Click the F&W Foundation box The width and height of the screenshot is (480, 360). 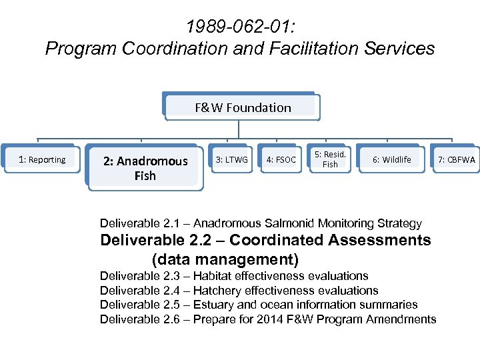[243, 107]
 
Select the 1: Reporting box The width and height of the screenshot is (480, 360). [42, 160]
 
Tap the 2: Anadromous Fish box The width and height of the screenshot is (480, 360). [145, 169]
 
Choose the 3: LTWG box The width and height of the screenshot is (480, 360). [231, 160]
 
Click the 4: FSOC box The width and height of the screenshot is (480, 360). [281, 160]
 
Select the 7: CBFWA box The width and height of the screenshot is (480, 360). [457, 160]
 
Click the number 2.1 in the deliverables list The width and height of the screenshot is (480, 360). [171, 223]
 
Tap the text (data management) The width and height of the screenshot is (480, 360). [225, 259]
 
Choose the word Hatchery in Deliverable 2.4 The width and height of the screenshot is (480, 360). [217, 291]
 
